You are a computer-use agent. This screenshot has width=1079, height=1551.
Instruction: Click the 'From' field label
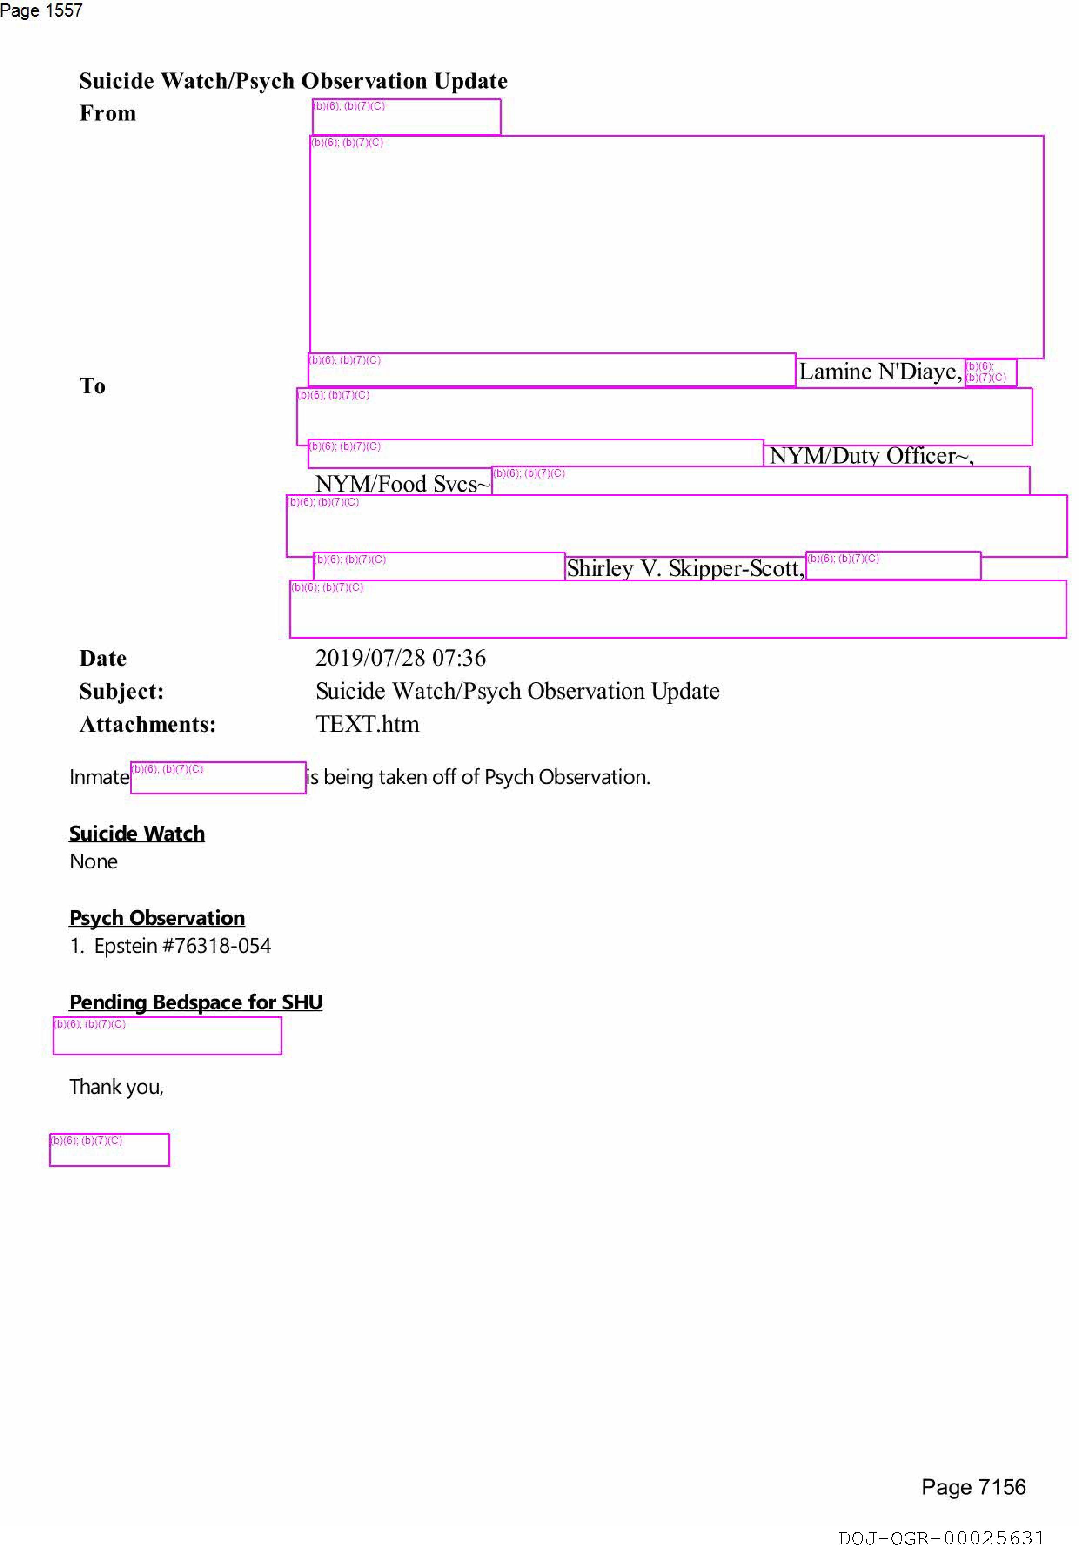107,113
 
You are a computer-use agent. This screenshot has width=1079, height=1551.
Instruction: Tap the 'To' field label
93,386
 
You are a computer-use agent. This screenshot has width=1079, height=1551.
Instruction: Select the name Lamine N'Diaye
880,372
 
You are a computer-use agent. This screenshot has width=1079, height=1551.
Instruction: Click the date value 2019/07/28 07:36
401,658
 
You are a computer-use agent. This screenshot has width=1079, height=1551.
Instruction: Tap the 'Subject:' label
122,691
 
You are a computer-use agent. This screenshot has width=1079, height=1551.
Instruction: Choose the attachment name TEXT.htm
368,724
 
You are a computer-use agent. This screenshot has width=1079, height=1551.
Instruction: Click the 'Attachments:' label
148,724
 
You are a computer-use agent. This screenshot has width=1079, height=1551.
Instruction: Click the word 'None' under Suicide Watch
94,862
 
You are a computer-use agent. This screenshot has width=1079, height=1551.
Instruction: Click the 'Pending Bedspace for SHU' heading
196,1002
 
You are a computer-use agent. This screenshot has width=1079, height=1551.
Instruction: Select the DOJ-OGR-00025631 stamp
941,1538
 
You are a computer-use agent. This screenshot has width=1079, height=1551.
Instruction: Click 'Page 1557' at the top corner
41,10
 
